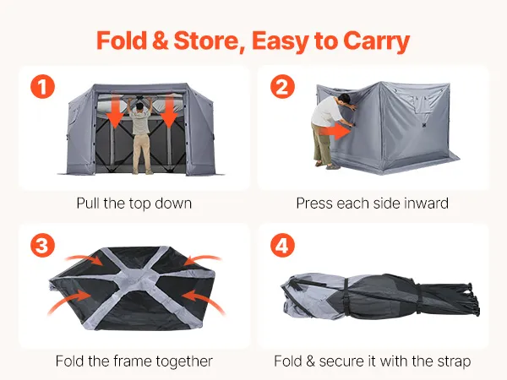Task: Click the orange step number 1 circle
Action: click(43, 87)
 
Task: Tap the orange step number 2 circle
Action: click(282, 87)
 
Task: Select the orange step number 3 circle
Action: click(43, 245)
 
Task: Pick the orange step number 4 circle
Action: click(282, 245)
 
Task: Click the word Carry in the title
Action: click(376, 42)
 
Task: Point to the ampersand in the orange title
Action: click(160, 41)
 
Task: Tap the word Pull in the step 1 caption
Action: click(88, 204)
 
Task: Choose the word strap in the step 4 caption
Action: click(454, 361)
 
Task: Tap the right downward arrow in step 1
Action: click(169, 111)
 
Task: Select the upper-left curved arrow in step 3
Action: click(84, 259)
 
